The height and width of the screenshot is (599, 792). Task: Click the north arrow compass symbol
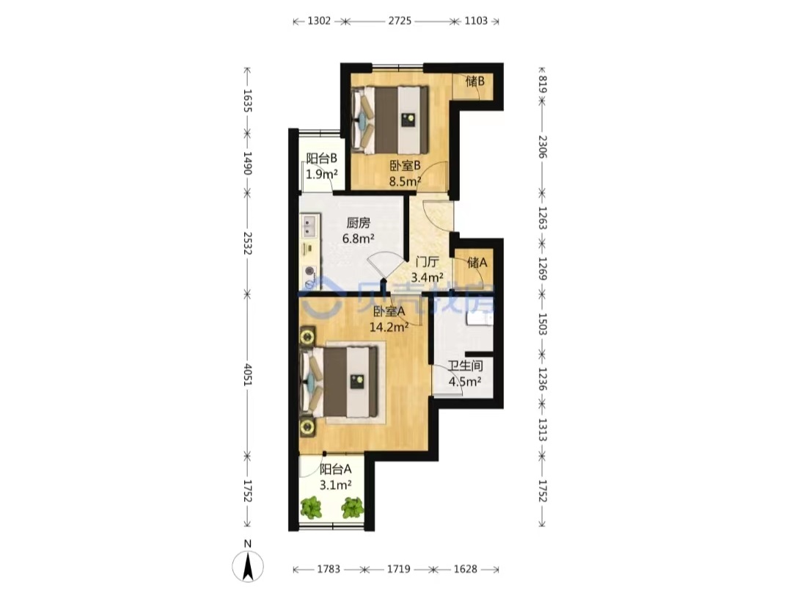click(x=248, y=566)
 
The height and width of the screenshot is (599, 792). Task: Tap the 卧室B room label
click(x=405, y=165)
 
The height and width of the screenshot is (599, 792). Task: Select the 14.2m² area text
click(x=389, y=327)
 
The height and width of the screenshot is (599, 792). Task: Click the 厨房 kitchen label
click(x=358, y=223)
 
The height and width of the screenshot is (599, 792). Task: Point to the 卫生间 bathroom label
click(x=465, y=366)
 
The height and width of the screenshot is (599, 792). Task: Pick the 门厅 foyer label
click(x=427, y=262)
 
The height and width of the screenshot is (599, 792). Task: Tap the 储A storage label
click(x=477, y=262)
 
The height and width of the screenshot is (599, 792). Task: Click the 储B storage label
click(x=475, y=81)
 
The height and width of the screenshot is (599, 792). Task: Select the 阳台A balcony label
click(x=335, y=469)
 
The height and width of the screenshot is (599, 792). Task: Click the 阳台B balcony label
click(x=322, y=159)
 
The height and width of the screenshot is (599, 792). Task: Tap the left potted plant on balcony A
click(x=312, y=507)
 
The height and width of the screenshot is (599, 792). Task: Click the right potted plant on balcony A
click(x=352, y=507)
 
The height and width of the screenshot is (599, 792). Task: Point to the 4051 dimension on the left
click(x=247, y=374)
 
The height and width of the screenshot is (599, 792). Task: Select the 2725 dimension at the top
click(x=400, y=21)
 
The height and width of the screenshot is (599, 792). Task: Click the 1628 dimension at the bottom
click(x=465, y=569)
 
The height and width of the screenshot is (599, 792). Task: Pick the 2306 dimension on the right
click(x=542, y=147)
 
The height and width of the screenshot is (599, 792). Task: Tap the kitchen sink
click(x=309, y=226)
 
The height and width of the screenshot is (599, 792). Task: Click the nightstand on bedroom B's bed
click(x=408, y=120)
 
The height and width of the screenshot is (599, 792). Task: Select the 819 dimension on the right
click(x=542, y=84)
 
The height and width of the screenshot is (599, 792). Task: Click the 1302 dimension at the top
click(x=319, y=21)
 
